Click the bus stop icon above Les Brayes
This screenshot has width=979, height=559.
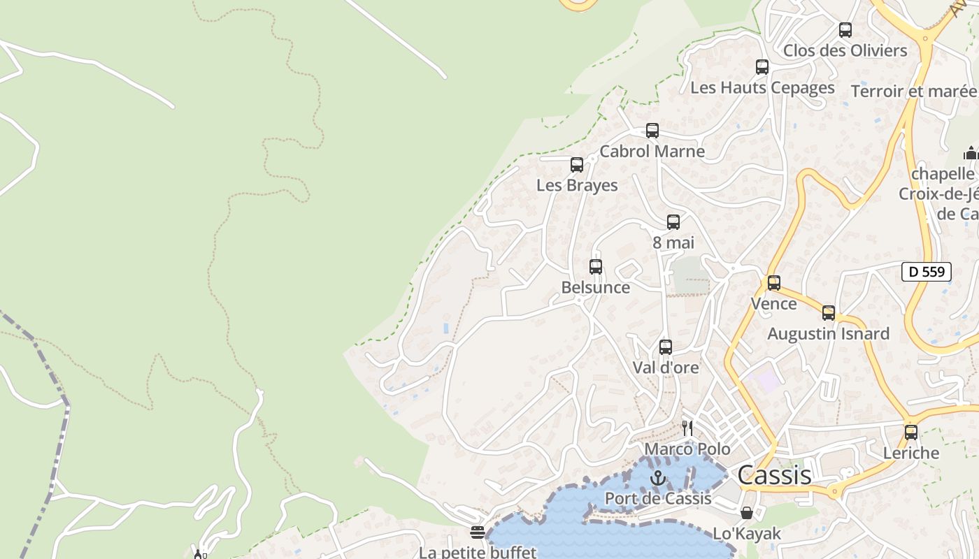pyautogui.click(x=577, y=165)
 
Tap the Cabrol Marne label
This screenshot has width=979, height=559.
pyautogui.click(x=652, y=151)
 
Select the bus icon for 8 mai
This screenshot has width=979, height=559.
pyautogui.click(x=673, y=222)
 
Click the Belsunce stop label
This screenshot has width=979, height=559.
pyautogui.click(x=595, y=287)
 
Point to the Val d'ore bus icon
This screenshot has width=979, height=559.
pyautogui.click(x=666, y=347)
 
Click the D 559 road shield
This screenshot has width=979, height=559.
pyautogui.click(x=927, y=272)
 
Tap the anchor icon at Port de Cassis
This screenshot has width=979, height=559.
pyautogui.click(x=657, y=478)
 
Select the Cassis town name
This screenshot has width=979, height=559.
pyautogui.click(x=774, y=475)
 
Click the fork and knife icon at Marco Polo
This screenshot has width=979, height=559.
pyautogui.click(x=688, y=428)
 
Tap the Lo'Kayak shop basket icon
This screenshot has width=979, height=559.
pyautogui.click(x=747, y=513)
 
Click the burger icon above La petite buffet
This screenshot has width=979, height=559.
pyautogui.click(x=478, y=532)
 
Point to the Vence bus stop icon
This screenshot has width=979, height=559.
pyautogui.click(x=774, y=283)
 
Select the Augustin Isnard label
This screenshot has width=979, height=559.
pyautogui.click(x=828, y=334)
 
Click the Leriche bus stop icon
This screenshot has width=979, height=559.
pyautogui.click(x=911, y=432)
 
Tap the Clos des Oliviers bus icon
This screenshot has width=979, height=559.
pyautogui.click(x=845, y=30)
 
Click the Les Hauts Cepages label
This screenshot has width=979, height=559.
pyautogui.click(x=762, y=88)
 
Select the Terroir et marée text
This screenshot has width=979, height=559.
pyautogui.click(x=913, y=92)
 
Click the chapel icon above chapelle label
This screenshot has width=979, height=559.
pyautogui.click(x=971, y=153)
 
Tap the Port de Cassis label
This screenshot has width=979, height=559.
pyautogui.click(x=657, y=498)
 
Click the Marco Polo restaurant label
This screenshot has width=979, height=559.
pyautogui.click(x=687, y=449)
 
